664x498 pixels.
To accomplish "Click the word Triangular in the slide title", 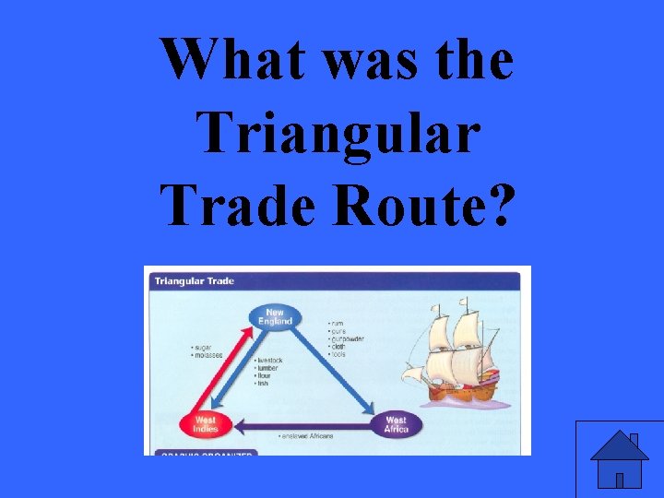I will (338, 133).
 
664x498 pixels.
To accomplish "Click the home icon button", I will (619, 459).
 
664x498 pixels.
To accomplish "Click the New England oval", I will (275, 317).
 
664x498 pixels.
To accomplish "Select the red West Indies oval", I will (206, 424).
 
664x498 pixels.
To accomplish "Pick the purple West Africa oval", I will (396, 424).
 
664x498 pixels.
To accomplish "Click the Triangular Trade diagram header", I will (195, 280).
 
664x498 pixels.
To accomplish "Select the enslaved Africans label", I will (308, 435).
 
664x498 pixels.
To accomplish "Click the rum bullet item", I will (338, 324).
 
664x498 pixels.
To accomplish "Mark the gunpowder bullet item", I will (347, 338).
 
